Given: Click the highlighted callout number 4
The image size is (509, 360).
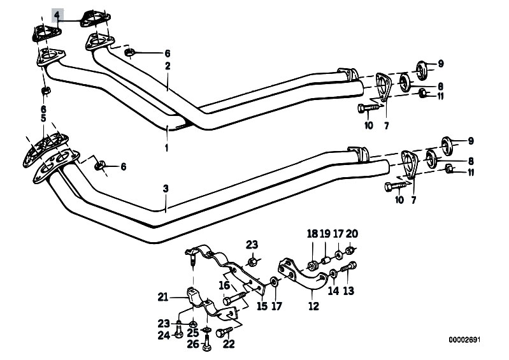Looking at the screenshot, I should [x=57, y=14].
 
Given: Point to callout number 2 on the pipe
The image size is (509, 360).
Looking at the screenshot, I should [x=168, y=66].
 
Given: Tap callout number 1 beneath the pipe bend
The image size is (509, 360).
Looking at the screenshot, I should [x=168, y=148].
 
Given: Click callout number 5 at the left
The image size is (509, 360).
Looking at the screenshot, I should [x=43, y=119].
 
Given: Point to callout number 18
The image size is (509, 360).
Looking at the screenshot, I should [x=312, y=234].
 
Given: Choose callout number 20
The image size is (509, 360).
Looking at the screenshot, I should [x=352, y=234].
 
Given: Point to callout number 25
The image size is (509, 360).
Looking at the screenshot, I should [x=193, y=332].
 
